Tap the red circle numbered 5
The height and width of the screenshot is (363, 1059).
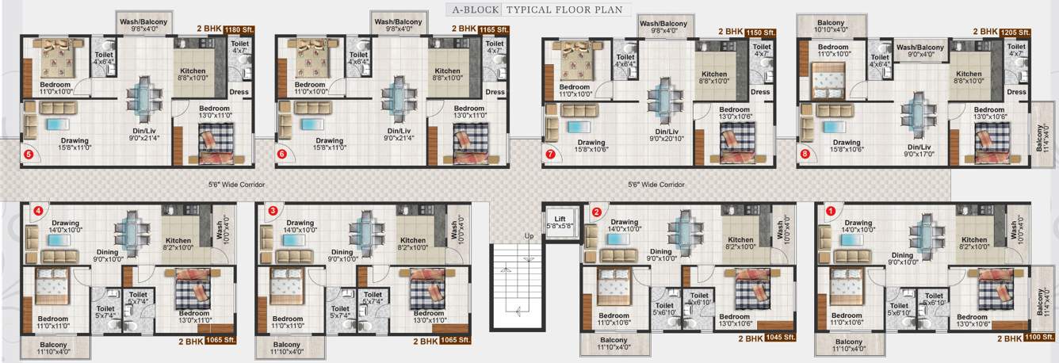(29, 155)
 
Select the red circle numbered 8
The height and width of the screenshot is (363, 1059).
(805, 154)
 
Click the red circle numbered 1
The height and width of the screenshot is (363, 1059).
(831, 212)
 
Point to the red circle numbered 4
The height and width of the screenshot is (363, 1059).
(36, 211)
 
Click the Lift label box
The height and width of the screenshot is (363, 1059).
(560, 221)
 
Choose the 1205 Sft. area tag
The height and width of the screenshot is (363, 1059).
(1015, 32)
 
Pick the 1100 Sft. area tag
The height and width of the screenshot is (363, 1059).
(1016, 338)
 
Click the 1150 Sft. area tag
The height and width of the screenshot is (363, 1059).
(759, 32)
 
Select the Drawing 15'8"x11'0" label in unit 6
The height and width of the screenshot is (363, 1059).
(331, 144)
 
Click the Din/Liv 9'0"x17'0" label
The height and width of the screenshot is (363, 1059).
(919, 150)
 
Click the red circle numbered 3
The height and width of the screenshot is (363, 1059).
(273, 211)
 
